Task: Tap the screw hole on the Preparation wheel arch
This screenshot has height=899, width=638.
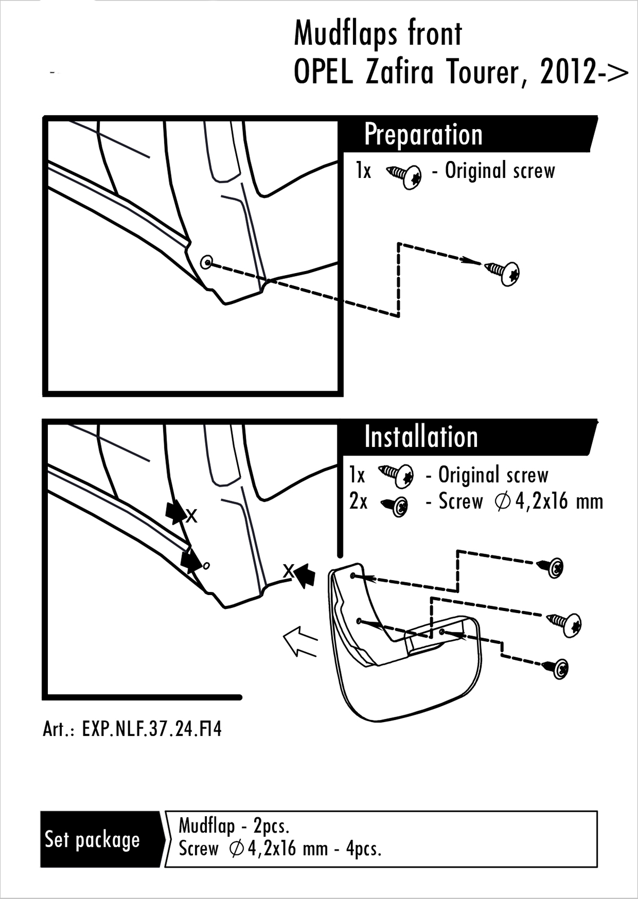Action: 207,261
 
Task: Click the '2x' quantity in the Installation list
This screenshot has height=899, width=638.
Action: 358,502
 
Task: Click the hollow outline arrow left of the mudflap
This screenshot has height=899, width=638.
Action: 300,641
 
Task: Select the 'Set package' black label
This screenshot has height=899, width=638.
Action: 93,840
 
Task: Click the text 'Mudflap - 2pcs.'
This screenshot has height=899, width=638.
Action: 233,826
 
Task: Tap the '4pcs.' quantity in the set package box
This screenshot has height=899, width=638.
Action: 364,849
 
